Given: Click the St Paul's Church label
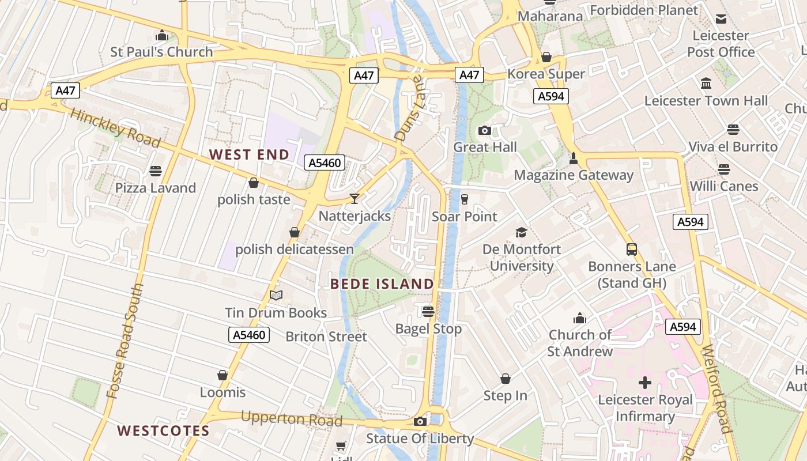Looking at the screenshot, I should tap(161, 52).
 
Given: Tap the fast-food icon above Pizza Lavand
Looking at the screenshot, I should tap(156, 171).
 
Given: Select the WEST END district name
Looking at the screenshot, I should tap(249, 154).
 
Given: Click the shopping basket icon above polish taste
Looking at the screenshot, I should tap(253, 183).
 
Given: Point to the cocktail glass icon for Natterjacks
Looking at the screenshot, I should tap(355, 199).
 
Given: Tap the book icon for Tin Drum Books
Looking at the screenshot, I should tap(276, 296).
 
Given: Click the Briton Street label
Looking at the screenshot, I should tap(326, 337).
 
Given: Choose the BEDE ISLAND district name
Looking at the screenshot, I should tap(382, 284).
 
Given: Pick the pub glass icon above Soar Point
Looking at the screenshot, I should tap(465, 199).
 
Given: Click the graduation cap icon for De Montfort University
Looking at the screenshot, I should tap(521, 232).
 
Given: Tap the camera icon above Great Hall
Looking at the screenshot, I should tap(485, 130).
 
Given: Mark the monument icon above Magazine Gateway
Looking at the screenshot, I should tap(573, 158).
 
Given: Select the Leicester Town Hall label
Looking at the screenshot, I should tap(706, 101).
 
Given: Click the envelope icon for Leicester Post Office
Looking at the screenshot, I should tap(721, 19).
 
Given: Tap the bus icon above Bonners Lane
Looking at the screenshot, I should tap(632, 250).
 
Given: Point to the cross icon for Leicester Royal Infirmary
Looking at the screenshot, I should tap(645, 383).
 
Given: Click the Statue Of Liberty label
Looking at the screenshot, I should tap(420, 439).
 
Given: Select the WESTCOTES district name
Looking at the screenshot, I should tap(163, 430).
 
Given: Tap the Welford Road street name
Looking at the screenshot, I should tap(717, 389).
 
